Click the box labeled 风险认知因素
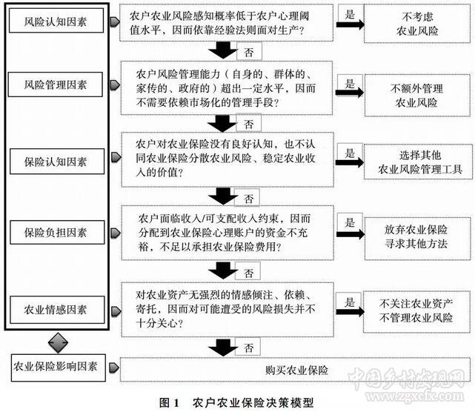[56, 22]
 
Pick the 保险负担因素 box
[56, 233]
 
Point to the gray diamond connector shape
[57, 342]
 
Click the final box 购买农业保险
[291, 368]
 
